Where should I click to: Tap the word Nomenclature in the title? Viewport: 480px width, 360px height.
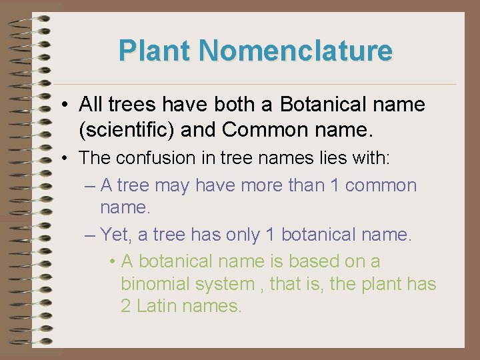[x=295, y=51]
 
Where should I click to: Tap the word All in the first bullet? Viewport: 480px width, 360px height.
[x=91, y=105]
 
